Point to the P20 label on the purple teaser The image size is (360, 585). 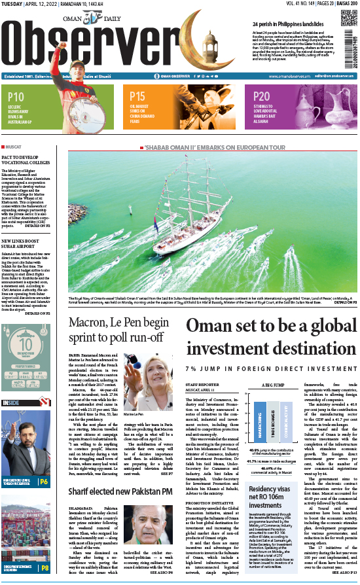262,96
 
